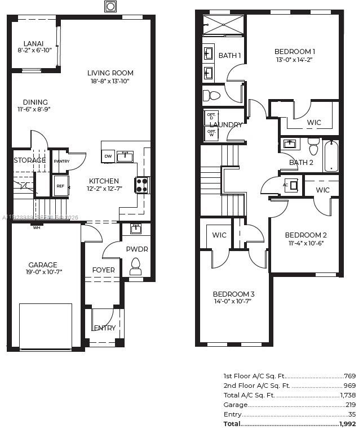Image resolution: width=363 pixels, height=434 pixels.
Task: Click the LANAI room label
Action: pos(34,43)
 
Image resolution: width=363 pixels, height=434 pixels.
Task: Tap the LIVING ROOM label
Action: pos(110,73)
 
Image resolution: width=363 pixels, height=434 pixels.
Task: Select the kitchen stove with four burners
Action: pos(141,185)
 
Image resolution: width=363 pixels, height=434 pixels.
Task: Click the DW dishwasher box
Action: pos(108,156)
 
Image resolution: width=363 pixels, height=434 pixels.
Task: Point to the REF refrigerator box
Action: pos(60,186)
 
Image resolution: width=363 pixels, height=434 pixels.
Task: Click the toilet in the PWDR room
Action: pos(135,266)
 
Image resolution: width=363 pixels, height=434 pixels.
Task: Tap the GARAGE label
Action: pos(43,265)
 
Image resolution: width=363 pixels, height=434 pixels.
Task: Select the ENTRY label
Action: pos(104,328)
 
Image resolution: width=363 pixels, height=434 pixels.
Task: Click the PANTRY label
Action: pos(61,161)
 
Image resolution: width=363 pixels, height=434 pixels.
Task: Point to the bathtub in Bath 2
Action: pos(331,156)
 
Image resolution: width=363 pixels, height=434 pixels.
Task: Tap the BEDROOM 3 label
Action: pos(233,294)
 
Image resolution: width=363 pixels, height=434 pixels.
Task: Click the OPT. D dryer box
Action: pos(211,117)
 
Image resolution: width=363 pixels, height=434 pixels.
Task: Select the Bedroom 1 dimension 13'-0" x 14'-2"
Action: pos(294,60)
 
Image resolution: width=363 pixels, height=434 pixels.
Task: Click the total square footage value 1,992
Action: pos(348,423)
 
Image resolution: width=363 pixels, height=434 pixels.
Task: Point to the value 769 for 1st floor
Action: pos(350,375)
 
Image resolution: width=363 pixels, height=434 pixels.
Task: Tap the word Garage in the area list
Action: pos(235,405)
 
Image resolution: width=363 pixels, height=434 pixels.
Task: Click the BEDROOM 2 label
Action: pos(306,235)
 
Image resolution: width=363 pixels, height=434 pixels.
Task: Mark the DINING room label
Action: pos(35,102)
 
